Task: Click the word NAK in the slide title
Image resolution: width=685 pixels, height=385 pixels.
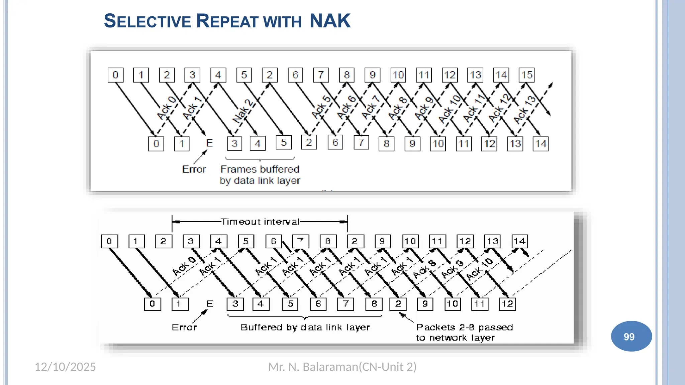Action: tap(330, 21)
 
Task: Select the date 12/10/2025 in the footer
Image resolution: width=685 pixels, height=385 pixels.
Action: tap(65, 367)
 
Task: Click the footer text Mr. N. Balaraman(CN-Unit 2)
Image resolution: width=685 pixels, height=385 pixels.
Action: tap(342, 367)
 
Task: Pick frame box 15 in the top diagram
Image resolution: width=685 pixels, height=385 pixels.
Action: tap(526, 75)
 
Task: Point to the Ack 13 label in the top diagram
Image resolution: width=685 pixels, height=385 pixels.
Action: tap(524, 110)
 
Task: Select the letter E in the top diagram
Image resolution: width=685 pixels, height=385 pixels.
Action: tap(209, 143)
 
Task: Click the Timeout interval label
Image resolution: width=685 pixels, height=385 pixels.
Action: tap(260, 222)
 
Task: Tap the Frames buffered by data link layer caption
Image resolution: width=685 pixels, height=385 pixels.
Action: tap(260, 175)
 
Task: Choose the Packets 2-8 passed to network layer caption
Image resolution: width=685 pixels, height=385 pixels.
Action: tap(464, 332)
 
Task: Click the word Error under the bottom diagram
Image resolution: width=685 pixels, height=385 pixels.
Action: tap(184, 327)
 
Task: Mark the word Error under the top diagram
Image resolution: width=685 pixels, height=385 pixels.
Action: tap(194, 169)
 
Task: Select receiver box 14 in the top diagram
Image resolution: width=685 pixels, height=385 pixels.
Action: tap(541, 144)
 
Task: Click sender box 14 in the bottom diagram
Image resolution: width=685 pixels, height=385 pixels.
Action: tap(520, 241)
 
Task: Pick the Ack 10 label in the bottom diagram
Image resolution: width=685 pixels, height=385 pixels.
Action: tap(479, 269)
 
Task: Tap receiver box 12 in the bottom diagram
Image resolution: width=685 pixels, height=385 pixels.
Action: tap(507, 304)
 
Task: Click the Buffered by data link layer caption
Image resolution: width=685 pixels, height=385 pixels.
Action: tap(305, 327)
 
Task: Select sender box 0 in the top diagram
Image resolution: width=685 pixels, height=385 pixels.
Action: tap(115, 75)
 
